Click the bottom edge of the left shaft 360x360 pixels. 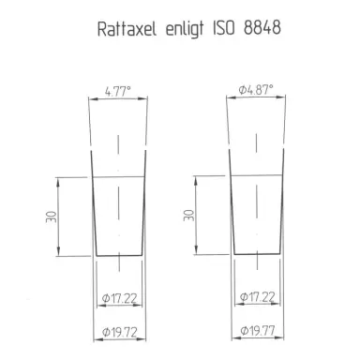coord(118,255)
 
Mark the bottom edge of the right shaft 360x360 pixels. coord(256,255)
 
